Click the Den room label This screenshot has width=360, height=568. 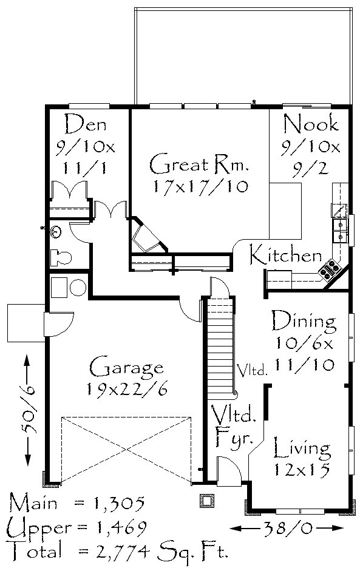point(86,124)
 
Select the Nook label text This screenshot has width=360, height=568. point(311,124)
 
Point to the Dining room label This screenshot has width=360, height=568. point(304,320)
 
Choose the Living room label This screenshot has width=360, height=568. point(302,448)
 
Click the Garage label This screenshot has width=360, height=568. point(126,368)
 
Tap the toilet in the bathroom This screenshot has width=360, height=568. point(61,257)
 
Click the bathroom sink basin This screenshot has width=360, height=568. point(56,231)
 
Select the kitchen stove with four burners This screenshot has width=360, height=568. point(330,270)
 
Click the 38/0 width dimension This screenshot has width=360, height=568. point(287,528)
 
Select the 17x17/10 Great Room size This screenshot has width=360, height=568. point(200,186)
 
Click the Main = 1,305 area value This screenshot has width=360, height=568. point(78,503)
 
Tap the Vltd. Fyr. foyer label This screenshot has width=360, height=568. point(234,425)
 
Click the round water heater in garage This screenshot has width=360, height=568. point(78,288)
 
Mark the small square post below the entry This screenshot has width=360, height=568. point(207,501)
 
